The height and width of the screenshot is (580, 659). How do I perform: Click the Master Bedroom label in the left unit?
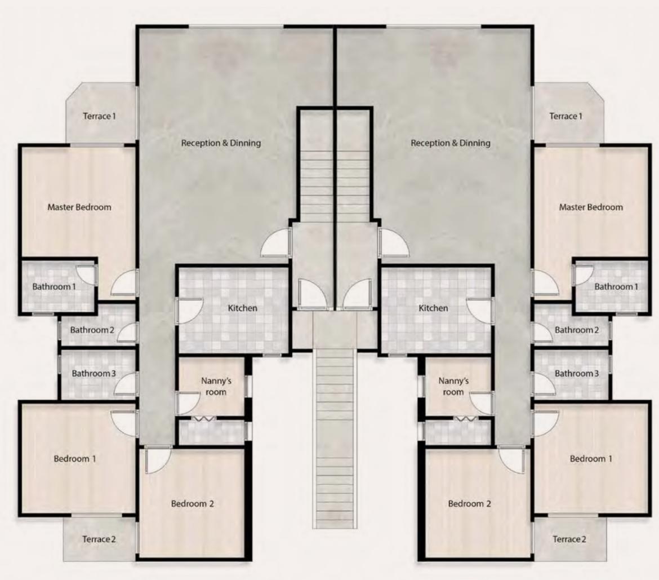[79, 207]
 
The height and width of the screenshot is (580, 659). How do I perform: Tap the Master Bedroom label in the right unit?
[591, 207]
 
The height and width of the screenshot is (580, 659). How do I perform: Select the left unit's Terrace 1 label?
[99, 116]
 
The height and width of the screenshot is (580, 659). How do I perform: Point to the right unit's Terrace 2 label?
[569, 539]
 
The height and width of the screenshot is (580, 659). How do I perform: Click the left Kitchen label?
[243, 308]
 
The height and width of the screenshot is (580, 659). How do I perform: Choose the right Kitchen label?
[433, 308]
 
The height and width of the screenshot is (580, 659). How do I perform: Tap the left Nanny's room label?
[216, 387]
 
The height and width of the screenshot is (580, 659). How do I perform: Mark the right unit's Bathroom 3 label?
[577, 374]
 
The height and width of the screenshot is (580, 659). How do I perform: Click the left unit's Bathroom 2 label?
[92, 330]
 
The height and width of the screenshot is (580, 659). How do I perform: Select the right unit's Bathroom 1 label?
[616, 286]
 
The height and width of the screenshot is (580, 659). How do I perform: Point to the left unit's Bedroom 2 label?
[193, 503]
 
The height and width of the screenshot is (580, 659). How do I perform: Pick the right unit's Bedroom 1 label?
[591, 458]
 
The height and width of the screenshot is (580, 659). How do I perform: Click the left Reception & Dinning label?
[221, 143]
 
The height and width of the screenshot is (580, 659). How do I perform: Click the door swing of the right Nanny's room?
[480, 403]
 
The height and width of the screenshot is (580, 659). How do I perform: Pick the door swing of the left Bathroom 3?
[126, 383]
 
